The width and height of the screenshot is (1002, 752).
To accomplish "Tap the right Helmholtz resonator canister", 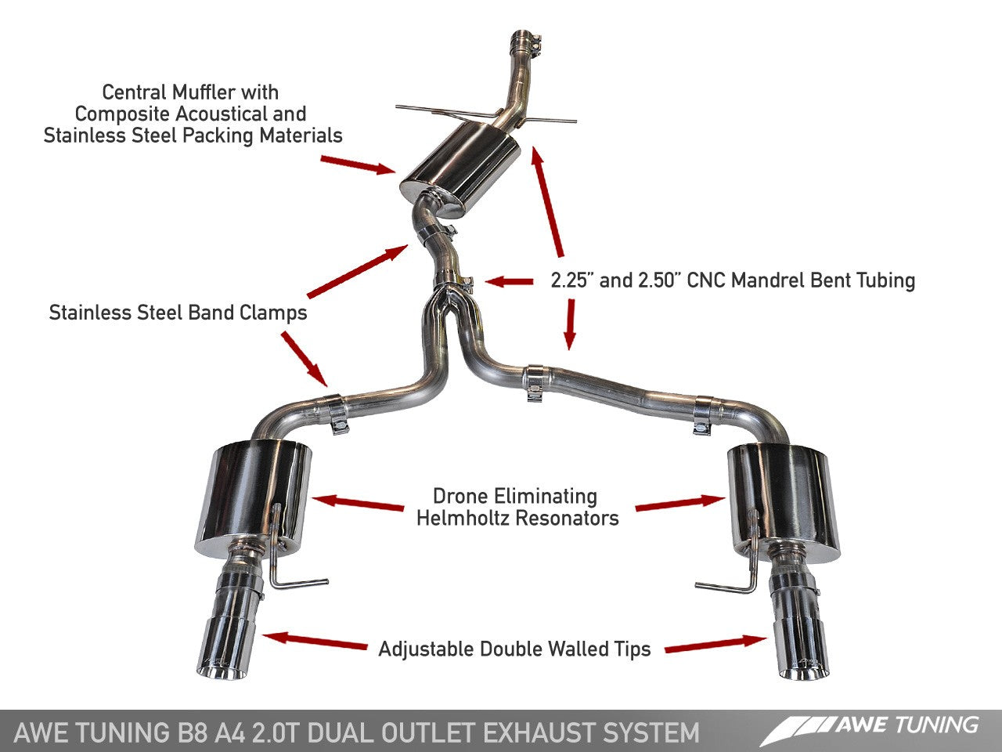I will tap(783, 497).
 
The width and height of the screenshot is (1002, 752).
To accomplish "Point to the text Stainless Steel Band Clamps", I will tap(178, 313).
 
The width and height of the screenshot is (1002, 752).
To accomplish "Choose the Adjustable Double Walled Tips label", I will tap(514, 649).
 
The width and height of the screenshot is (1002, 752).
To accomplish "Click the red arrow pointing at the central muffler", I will tap(357, 163).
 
